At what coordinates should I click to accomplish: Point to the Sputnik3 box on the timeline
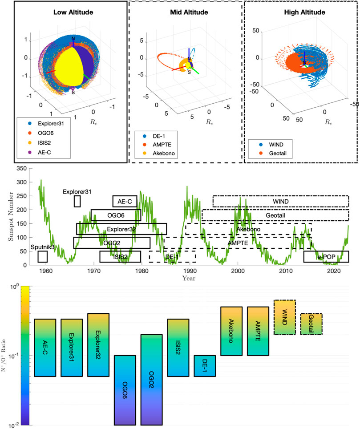pos(43,257)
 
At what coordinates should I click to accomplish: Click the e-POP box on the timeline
pos(326,257)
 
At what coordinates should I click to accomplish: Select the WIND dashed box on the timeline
pos(280,201)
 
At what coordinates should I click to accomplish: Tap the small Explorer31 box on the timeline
pos(77,201)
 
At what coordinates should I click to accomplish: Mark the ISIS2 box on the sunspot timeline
pos(120,257)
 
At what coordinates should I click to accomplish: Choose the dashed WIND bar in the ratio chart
pos(285,317)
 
